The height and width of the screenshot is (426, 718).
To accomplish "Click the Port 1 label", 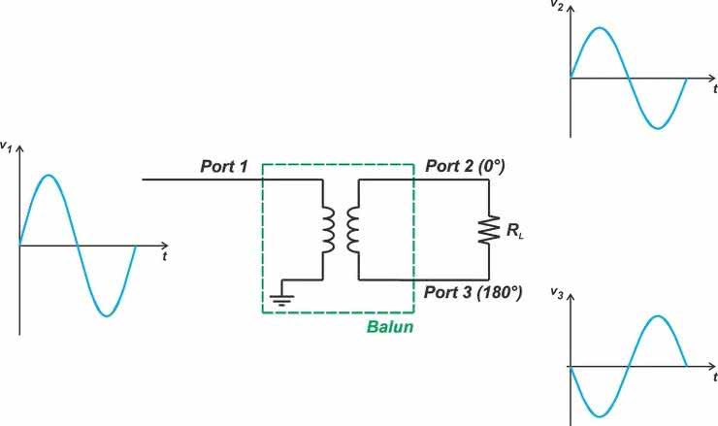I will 226,167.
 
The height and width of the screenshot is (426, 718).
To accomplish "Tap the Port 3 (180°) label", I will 473,292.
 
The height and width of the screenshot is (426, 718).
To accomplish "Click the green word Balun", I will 390,327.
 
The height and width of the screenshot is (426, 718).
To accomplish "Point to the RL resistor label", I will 514,230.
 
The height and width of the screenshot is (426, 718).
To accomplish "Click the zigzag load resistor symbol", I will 489,230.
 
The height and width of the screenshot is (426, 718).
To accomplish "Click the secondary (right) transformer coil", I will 354,229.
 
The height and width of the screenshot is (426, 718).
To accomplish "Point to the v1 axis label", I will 7,146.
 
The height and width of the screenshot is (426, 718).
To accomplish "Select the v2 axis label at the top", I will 557,5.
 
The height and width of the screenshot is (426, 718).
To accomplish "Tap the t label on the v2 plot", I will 713,87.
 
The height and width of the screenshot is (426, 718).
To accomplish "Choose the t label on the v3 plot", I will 713,376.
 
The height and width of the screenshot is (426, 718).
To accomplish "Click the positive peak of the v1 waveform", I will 49,176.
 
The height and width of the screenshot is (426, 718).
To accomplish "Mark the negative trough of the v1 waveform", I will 107,315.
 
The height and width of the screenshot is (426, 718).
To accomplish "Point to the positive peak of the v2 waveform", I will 600,28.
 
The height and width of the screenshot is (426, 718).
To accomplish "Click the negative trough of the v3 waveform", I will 600,416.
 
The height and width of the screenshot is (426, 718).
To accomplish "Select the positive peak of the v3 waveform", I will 658,316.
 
